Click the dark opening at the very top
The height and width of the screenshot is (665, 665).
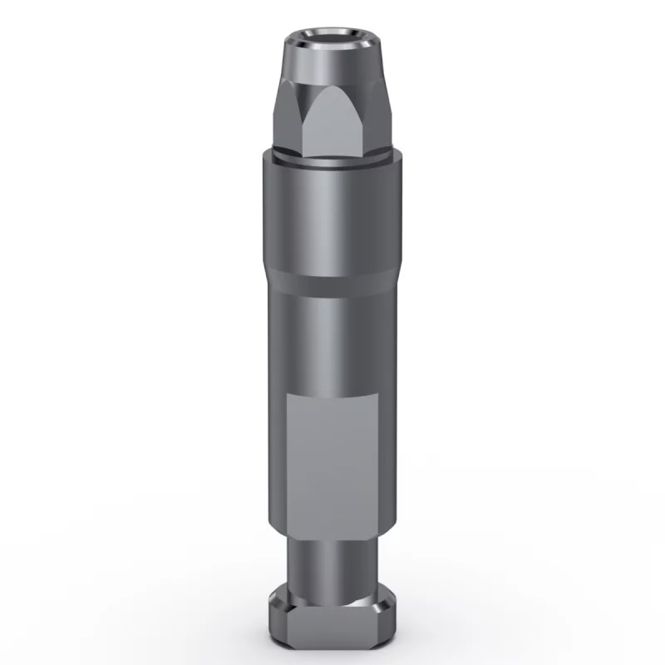(332, 36)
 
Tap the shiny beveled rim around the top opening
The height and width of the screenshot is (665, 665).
(332, 46)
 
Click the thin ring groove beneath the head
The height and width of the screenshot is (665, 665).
(332, 160)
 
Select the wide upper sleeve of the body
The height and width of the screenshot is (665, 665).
(332, 216)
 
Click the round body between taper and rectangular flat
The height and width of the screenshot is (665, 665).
(332, 341)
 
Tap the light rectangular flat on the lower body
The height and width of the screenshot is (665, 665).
(332, 457)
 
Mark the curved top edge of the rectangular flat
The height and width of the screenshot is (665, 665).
(332, 392)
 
